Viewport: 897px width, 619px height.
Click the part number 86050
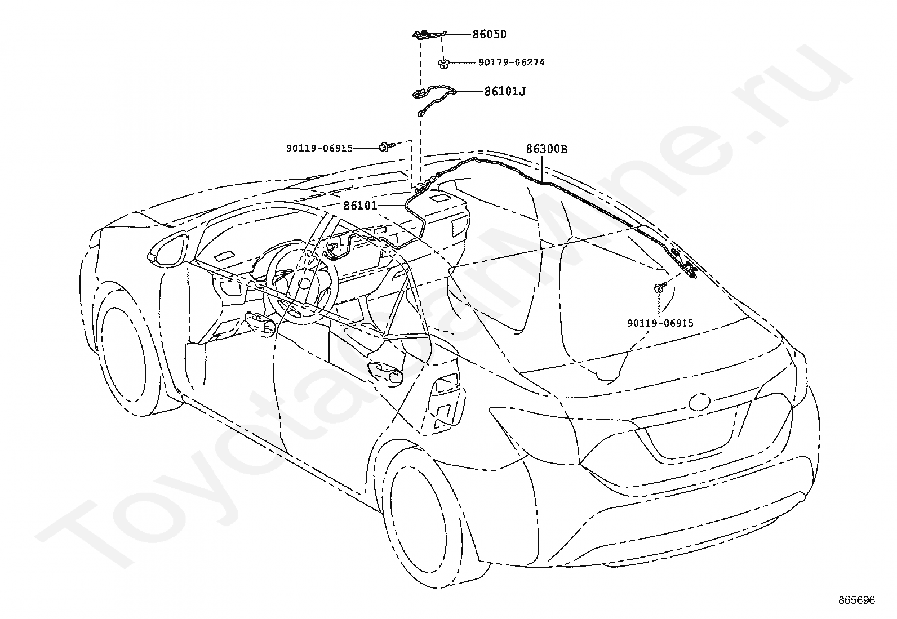(489, 34)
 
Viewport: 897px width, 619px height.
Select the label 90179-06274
(512, 63)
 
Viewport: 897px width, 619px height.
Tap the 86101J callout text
(505, 92)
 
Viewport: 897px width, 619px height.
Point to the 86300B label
(547, 149)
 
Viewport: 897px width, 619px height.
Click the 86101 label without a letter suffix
(361, 206)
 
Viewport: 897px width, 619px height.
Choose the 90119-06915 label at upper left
(319, 149)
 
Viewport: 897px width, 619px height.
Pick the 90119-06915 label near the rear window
(660, 323)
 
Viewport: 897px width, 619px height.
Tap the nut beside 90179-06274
(442, 63)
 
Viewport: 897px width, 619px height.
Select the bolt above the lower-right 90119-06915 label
(660, 287)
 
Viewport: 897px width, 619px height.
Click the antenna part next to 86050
(428, 35)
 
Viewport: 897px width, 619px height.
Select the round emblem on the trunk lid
(699, 401)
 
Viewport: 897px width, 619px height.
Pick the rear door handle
(385, 373)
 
